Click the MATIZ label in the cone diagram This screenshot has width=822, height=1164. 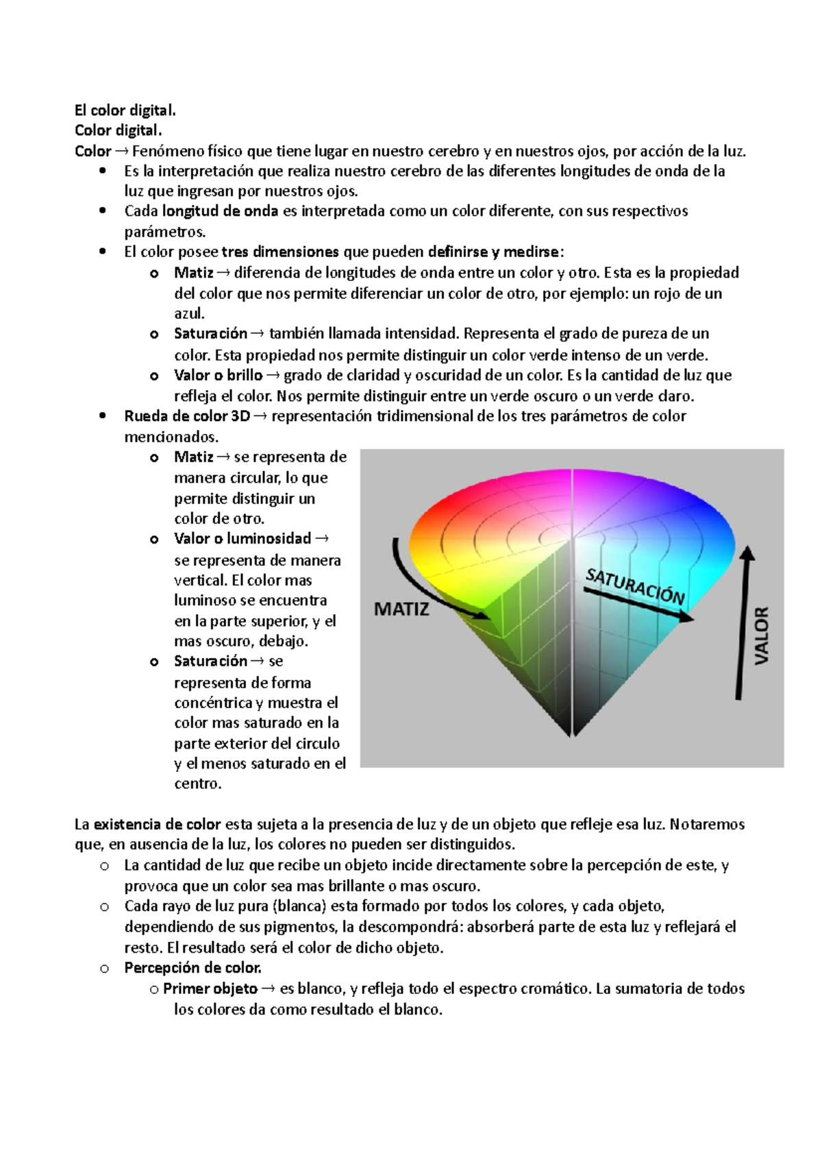pyautogui.click(x=401, y=609)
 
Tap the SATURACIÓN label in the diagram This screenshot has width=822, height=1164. pyautogui.click(x=635, y=587)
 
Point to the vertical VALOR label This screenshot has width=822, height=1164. pyautogui.click(x=762, y=635)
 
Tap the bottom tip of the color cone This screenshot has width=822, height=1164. pyautogui.click(x=571, y=734)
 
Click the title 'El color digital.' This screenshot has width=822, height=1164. pyautogui.click(x=125, y=110)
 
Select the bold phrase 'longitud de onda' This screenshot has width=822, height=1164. pyautogui.click(x=221, y=211)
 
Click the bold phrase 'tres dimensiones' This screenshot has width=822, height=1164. pyautogui.click(x=281, y=252)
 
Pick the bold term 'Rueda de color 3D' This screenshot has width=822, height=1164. pyautogui.click(x=186, y=416)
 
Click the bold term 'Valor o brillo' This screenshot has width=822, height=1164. pyautogui.click(x=218, y=375)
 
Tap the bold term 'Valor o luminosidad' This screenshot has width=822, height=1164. pyautogui.click(x=242, y=539)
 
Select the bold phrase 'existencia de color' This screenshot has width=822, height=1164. pyautogui.click(x=158, y=824)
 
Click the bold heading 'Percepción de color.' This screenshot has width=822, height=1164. pyautogui.click(x=192, y=968)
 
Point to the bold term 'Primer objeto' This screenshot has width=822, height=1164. pyautogui.click(x=210, y=989)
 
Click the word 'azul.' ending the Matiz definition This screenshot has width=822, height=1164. pyautogui.click(x=189, y=314)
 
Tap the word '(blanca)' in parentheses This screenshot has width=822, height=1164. pyautogui.click(x=299, y=906)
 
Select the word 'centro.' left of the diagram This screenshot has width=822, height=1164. pyautogui.click(x=197, y=784)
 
